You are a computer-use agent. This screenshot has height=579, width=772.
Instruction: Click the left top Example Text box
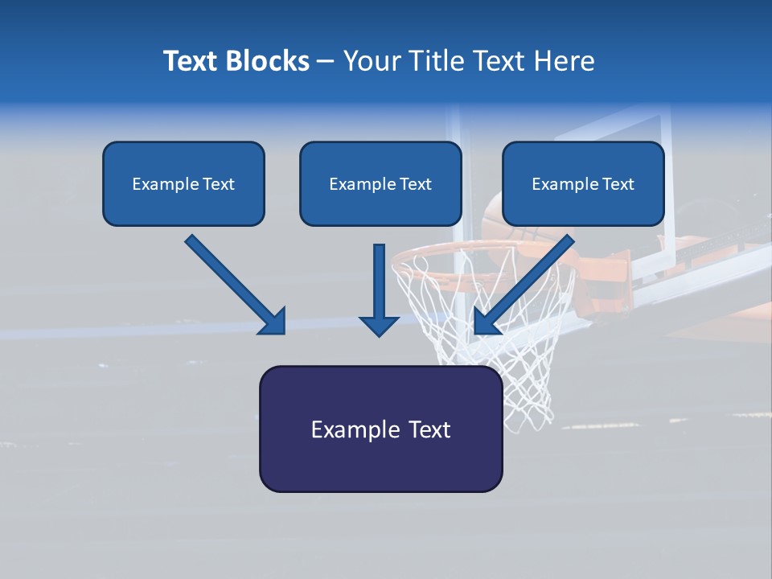(x=183, y=183)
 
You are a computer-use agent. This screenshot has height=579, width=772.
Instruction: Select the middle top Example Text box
(x=380, y=183)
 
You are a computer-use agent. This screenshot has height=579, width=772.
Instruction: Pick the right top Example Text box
(x=583, y=183)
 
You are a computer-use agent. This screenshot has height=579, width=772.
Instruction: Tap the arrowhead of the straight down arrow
(x=379, y=325)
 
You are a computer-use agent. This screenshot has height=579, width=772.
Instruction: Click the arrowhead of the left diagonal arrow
(x=273, y=322)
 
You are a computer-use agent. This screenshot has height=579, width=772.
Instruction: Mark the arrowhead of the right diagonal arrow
(x=486, y=322)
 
